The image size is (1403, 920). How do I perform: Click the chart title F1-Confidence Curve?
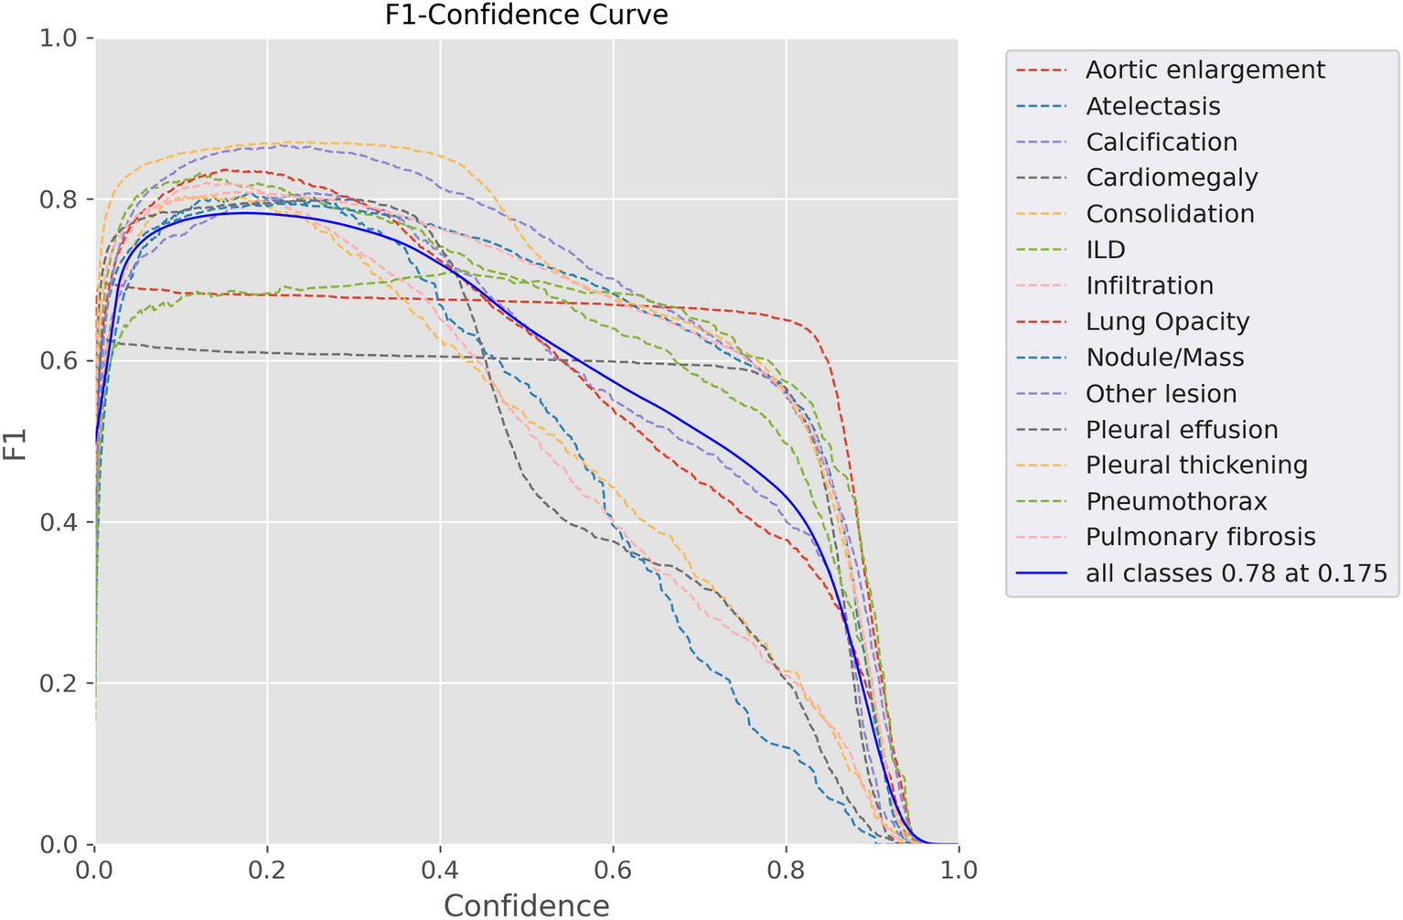526,16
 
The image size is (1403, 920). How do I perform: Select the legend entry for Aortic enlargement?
1205,70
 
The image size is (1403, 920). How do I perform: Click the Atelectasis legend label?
1152,107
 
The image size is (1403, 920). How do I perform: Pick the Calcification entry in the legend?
1161,143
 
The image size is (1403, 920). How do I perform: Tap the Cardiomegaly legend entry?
1172,178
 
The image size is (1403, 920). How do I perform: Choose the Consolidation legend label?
1170,214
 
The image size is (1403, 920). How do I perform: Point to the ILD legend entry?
1105,251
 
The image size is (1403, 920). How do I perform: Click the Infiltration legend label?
1149,286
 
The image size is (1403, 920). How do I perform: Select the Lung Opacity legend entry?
1167,322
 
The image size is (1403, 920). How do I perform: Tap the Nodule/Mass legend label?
1164,358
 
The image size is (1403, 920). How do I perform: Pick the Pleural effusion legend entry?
1182,430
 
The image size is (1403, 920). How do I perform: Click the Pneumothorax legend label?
1176,502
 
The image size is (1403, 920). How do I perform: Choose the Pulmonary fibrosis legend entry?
1200,538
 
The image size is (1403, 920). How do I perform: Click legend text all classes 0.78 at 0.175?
1236,573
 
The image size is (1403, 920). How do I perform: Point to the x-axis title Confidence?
526,905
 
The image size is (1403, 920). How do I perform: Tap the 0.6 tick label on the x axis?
612,870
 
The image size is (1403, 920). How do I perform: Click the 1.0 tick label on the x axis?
958,870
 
